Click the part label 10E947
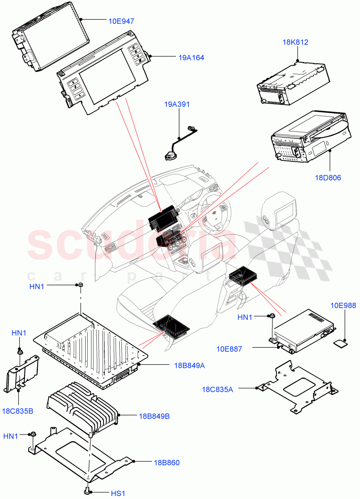tap(121, 20)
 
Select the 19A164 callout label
tap(191, 58)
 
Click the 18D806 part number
tap(328, 178)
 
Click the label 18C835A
tap(218, 389)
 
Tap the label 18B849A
tap(189, 366)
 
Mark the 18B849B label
tap(154, 416)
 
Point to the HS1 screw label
tap(118, 493)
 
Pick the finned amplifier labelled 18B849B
tap(83, 410)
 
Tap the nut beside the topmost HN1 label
tap(79, 285)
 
